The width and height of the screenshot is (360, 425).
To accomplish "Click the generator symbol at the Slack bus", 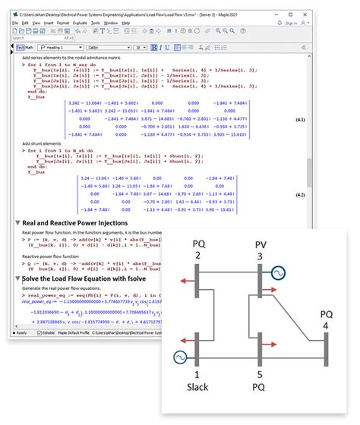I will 181,356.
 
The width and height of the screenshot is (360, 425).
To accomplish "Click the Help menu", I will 126,24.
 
